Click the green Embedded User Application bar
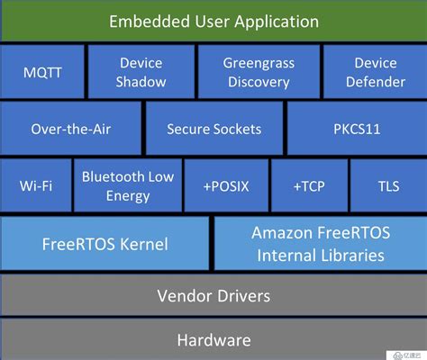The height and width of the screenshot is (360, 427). (x=213, y=20)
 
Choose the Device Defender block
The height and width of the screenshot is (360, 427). (x=374, y=72)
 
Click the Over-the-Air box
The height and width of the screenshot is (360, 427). (x=72, y=129)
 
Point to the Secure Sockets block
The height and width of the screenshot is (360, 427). (x=213, y=129)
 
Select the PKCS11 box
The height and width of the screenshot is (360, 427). (x=355, y=129)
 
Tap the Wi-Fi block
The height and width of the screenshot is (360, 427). (x=35, y=185)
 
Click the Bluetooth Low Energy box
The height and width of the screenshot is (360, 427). (x=128, y=185)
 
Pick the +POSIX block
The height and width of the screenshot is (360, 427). (x=225, y=185)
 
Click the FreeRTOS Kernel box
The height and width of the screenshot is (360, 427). (x=105, y=243)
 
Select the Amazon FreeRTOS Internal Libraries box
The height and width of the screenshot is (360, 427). (x=320, y=243)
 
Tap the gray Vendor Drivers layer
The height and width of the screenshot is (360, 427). (x=213, y=295)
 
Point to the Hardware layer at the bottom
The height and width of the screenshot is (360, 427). (x=213, y=340)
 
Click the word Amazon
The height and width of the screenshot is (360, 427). (x=282, y=232)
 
